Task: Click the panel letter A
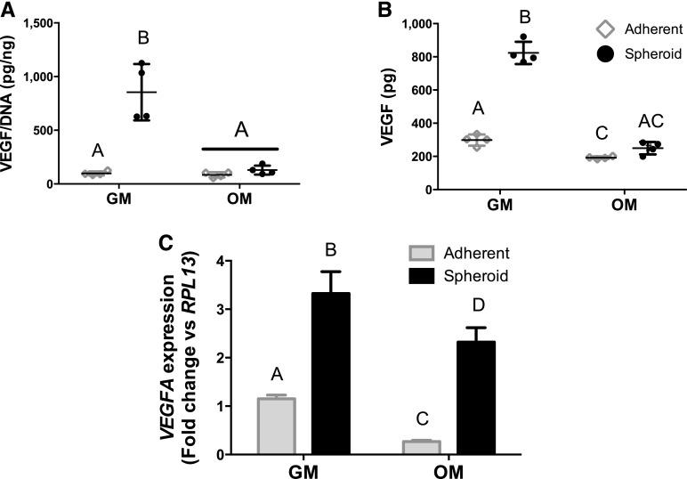click(9, 10)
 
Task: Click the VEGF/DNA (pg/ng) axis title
click(14, 98)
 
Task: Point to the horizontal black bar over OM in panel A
click(240, 149)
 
